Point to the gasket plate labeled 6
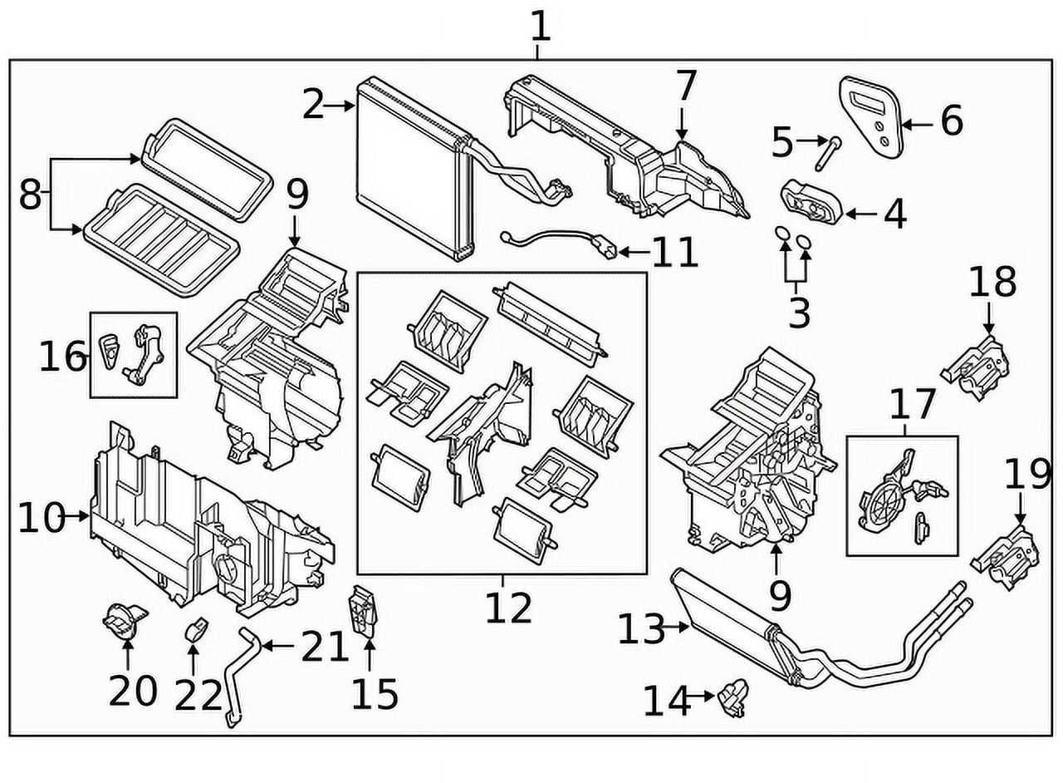(871, 116)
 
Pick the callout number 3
(798, 313)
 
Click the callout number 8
(30, 196)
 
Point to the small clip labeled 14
(732, 696)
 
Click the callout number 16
(62, 358)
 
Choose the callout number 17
(912, 405)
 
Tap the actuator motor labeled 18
(978, 366)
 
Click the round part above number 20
(123, 622)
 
